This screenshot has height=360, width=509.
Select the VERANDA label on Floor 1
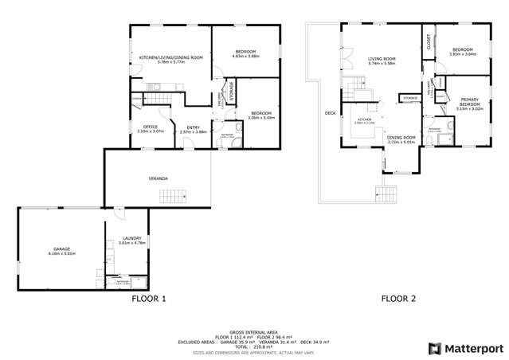coord(158,178)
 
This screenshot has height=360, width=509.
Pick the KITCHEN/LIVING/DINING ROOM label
coord(170,57)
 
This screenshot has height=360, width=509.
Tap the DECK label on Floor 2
coord(331,113)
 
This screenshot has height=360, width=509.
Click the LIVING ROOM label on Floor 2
coord(382,58)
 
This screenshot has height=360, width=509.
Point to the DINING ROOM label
coord(401,138)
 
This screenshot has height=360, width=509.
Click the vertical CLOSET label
coord(429,41)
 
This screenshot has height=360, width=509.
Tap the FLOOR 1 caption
coord(148,299)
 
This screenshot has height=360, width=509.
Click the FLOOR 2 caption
coord(398,299)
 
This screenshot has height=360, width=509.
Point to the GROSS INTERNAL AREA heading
coord(254,331)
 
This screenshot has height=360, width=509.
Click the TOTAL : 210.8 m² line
coord(254,346)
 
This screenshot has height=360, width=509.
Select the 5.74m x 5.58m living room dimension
coord(382,63)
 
